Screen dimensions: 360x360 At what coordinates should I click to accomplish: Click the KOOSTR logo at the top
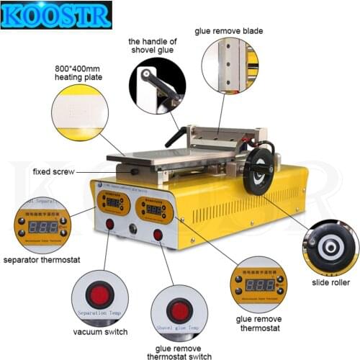pyautogui.click(x=57, y=14)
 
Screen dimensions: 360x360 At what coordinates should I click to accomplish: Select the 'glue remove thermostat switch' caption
pyautogui.click(x=179, y=350)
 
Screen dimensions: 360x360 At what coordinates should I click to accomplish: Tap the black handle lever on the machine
pyautogui.click(x=175, y=137)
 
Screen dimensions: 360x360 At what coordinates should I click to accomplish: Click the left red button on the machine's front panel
pyautogui.click(x=110, y=224)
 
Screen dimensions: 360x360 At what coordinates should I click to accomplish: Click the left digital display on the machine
pyautogui.click(x=113, y=203)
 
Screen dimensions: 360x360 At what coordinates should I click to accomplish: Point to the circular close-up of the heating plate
pyautogui.click(x=80, y=112)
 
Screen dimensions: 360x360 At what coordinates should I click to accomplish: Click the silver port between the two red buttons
pyautogui.click(x=132, y=230)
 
